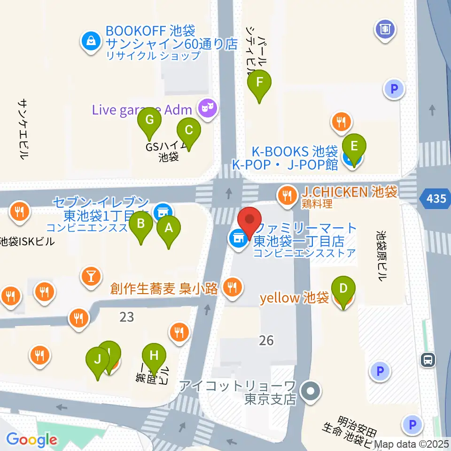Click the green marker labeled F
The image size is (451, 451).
[259, 83]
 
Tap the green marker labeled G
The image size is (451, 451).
[149, 120]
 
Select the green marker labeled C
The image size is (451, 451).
[188, 130]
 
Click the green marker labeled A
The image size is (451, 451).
[168, 228]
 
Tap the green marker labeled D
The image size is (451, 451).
[343, 288]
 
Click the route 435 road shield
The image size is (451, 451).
[436, 199]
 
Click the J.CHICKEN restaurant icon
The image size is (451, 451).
[286, 193]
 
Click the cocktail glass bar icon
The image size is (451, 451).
[91, 276]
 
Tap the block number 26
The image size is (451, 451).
[266, 340]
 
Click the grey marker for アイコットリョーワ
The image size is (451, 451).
[310, 390]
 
